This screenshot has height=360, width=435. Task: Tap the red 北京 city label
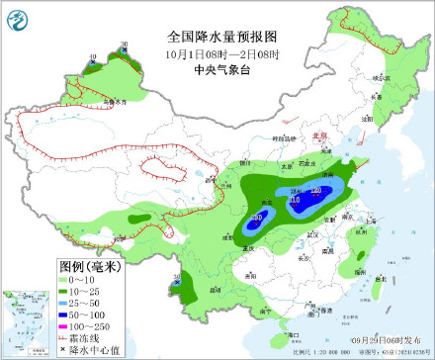(317, 136)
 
